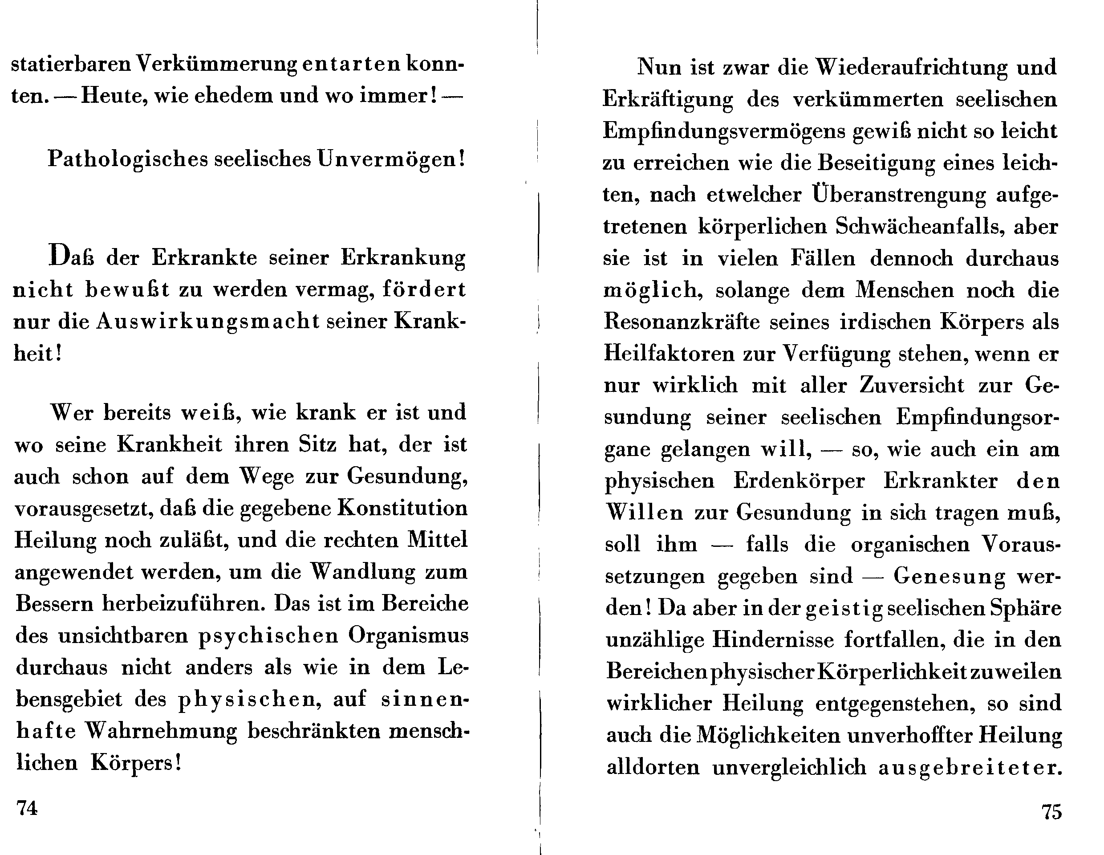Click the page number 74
27,808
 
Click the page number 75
1051,812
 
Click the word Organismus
409,635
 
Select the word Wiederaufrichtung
911,67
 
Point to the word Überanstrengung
899,195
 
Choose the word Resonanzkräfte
682,322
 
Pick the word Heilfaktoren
669,354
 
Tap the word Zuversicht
911,386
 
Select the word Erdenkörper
799,481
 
